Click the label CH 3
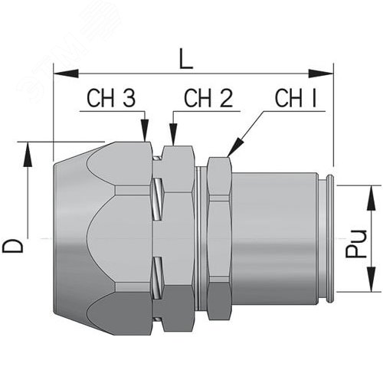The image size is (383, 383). click(x=111, y=99)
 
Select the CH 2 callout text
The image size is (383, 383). click(x=208, y=99)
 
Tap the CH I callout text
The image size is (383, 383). click(x=296, y=99)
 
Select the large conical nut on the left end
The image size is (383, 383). click(x=100, y=237)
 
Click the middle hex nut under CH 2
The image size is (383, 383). click(x=178, y=237)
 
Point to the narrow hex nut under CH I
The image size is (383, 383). click(x=218, y=237)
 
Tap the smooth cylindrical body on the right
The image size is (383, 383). click(x=276, y=237)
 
